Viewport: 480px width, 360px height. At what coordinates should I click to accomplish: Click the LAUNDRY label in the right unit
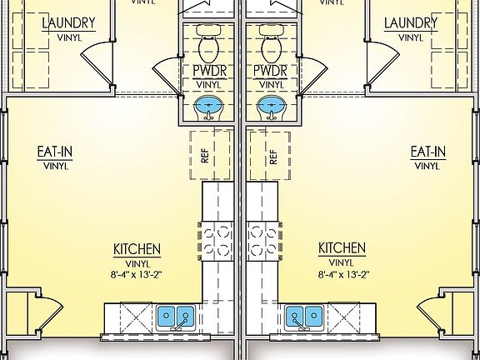410,22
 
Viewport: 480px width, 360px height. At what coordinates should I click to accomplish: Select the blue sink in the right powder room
270,107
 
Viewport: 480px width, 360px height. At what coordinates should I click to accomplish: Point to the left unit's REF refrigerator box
205,154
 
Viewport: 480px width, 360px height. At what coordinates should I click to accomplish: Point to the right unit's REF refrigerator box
272,154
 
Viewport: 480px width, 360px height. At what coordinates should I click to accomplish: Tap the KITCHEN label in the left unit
137,249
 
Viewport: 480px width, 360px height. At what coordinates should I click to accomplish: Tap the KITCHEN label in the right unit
342,249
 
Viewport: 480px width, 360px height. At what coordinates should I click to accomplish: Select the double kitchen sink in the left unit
176,317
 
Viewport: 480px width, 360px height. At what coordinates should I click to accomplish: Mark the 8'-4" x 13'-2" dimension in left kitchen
137,273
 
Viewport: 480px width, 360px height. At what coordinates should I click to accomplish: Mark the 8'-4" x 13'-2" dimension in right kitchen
342,273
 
